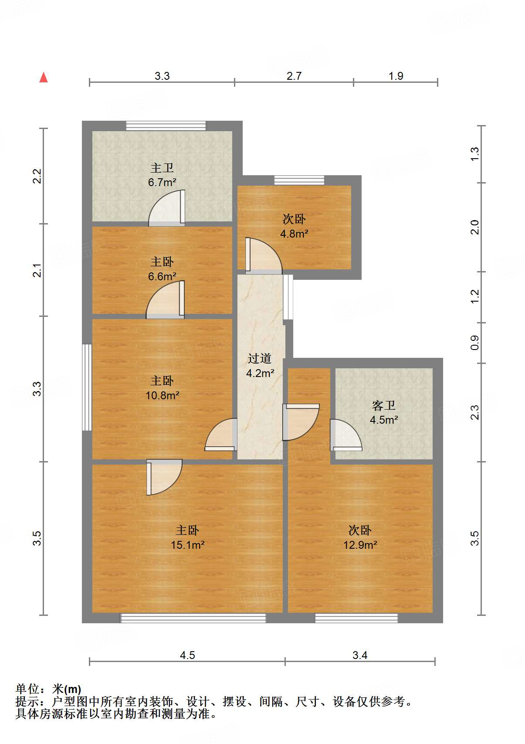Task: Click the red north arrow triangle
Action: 44,78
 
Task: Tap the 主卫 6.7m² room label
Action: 162,175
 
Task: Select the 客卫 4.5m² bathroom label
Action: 384,412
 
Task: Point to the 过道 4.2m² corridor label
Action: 260,365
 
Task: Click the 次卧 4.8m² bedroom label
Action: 294,226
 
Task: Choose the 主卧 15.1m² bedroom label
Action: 187,537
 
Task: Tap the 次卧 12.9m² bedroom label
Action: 360,537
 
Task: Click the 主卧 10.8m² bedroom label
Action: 163,387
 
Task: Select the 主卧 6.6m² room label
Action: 162,269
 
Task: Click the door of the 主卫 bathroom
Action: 167,208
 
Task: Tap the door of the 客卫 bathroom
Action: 345,435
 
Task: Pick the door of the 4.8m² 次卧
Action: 264,256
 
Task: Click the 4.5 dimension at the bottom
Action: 187,656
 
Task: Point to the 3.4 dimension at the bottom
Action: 360,656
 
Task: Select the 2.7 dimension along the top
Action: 294,76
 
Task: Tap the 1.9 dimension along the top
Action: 396,76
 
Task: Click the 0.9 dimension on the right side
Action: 475,343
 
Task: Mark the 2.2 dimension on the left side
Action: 37,176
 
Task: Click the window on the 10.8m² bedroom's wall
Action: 87,387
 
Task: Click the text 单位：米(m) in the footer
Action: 48,689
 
